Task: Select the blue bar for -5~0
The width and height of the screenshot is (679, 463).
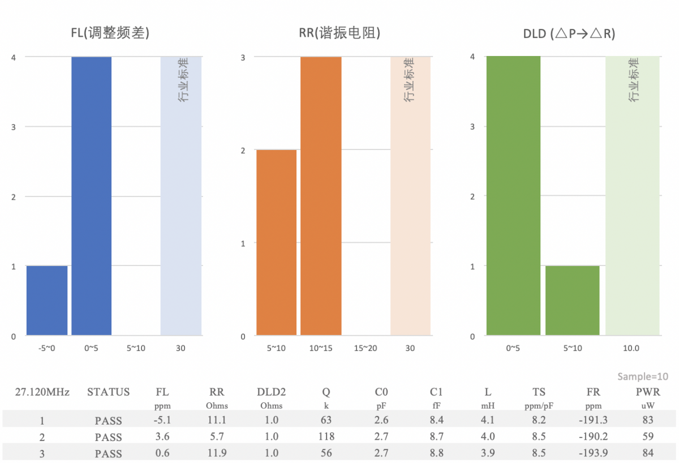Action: point(47,301)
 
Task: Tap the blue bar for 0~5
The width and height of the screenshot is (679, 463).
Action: point(91,196)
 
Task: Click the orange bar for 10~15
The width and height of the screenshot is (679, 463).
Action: point(321,196)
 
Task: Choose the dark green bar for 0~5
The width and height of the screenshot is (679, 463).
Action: point(513,196)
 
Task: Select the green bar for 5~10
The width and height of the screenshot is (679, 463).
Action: point(572,301)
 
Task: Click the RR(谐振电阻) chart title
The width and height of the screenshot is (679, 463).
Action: point(339,34)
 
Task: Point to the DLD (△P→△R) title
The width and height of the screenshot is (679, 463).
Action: point(569,34)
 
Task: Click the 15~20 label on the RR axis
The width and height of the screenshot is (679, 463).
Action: point(365,348)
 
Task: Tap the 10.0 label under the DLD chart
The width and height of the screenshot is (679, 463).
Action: point(630,348)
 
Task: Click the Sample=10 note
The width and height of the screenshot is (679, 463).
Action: point(643,376)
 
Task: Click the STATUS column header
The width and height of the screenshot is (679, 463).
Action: point(108,392)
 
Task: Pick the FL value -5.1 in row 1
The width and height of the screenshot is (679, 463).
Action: point(162,420)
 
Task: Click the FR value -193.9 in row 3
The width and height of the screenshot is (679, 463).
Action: point(594,453)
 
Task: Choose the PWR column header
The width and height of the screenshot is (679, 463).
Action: point(648,392)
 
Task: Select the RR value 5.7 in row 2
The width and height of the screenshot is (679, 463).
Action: point(217,436)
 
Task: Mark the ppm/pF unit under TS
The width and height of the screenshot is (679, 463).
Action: point(539,406)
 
